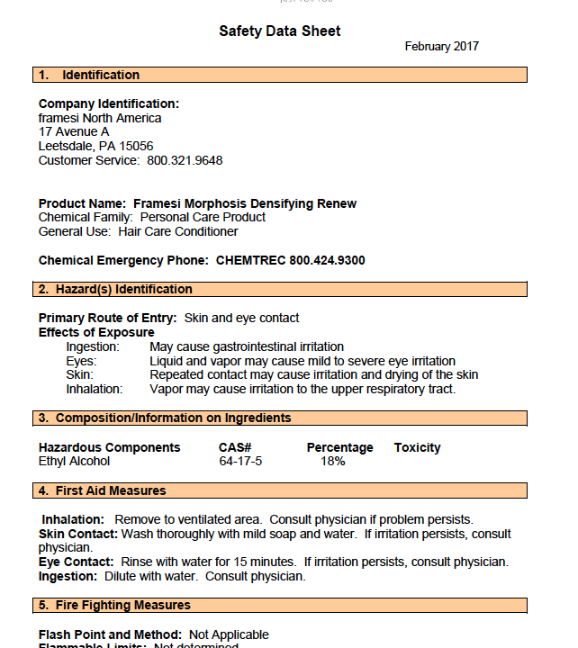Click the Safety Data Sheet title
[280, 31]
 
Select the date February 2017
[441, 47]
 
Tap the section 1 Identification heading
[100, 75]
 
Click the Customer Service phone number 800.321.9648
[185, 160]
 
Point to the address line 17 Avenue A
[74, 131]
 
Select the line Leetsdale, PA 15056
[95, 146]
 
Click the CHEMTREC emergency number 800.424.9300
[327, 260]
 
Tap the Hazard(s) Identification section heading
[123, 289]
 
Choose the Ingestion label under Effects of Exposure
[93, 346]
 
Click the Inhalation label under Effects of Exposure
[95, 389]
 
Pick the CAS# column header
[235, 447]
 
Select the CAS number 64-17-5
[240, 461]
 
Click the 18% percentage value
[333, 461]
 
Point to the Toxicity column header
[417, 447]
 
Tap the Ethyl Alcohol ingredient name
[74, 461]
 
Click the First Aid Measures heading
[111, 490]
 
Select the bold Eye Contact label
[76, 562]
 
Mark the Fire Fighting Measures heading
[122, 605]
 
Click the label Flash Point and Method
[110, 634]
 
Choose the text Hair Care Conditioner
[178, 231]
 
